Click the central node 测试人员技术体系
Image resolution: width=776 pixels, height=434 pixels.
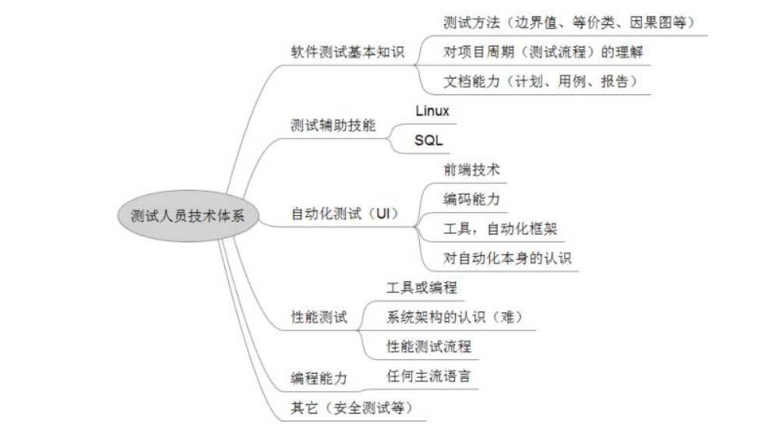coord(178,215)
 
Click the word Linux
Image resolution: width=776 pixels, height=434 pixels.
coord(432,111)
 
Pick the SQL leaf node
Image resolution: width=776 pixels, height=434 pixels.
coord(429,141)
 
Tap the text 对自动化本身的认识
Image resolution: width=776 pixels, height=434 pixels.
coord(507,257)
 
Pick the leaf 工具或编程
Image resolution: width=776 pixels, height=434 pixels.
coord(422,288)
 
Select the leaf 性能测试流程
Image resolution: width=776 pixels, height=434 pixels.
coord(429,346)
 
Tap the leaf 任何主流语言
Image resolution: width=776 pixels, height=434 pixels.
coord(429,376)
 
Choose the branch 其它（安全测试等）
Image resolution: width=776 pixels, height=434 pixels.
coord(351,407)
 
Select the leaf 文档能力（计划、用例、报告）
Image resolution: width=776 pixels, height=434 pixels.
coord(534,81)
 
